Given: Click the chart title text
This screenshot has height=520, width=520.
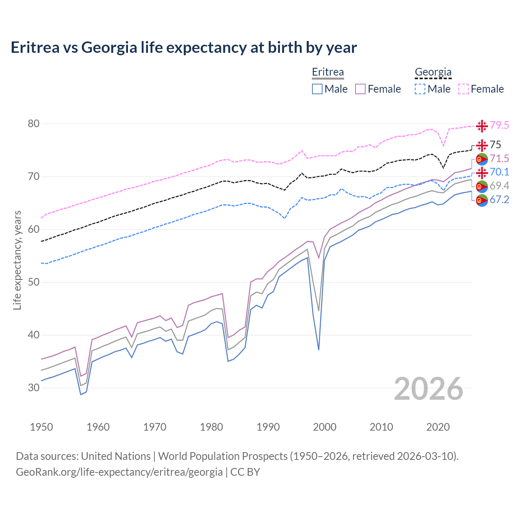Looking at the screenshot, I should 184,48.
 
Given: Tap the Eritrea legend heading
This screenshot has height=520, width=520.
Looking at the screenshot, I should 328,72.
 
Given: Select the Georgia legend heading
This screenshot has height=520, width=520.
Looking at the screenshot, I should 433,72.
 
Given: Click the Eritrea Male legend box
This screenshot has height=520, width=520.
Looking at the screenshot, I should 317,89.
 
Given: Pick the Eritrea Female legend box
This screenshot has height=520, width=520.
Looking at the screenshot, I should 361,89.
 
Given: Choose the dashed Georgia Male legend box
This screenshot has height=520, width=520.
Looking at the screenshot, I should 420,89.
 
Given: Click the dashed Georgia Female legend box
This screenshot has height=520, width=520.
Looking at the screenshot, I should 464,89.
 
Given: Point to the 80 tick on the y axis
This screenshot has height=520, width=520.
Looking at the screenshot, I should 34,123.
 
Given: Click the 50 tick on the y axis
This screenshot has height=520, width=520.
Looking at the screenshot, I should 34,282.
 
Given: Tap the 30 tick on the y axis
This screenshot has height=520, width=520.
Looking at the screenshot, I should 34,388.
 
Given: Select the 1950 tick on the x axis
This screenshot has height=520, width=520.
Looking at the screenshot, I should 41,427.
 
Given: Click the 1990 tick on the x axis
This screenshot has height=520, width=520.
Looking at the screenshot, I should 268,427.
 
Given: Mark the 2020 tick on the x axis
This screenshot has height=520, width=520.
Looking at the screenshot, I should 438,427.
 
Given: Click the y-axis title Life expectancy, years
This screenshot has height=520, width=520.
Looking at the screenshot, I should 17,260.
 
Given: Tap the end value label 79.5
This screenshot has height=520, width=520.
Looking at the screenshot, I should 499,125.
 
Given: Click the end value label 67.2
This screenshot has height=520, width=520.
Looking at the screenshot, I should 499,199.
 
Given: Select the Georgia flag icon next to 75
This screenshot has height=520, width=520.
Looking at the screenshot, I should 482,145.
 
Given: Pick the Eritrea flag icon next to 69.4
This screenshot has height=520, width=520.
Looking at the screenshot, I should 482,186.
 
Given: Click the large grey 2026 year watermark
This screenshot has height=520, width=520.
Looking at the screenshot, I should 429,389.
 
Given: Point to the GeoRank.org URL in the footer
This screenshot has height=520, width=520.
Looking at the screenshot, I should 119,472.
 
